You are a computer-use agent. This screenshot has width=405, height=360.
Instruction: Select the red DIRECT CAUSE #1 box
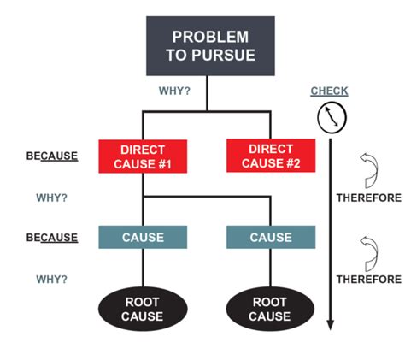click(143, 156)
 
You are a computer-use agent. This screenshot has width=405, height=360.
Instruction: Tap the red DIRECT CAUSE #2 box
click(270, 156)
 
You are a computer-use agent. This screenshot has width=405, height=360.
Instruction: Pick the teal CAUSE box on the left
click(143, 238)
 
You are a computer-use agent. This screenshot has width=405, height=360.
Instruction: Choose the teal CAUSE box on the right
click(270, 238)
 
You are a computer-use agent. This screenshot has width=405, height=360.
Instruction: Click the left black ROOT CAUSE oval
click(143, 309)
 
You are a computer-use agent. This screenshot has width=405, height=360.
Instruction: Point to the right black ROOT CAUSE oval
click(270, 309)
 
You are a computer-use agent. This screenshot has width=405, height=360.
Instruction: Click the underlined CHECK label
click(329, 91)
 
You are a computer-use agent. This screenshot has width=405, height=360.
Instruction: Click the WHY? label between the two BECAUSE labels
click(52, 198)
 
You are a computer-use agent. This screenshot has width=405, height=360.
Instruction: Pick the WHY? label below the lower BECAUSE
click(52, 279)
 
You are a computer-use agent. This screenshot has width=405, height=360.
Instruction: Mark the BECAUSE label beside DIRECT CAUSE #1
click(52, 157)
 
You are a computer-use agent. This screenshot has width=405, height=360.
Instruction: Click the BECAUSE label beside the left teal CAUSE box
click(52, 238)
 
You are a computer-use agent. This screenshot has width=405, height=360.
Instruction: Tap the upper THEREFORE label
click(367, 198)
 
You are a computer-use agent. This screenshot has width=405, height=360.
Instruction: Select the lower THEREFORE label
click(367, 279)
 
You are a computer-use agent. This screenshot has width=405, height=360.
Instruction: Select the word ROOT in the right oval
click(270, 302)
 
